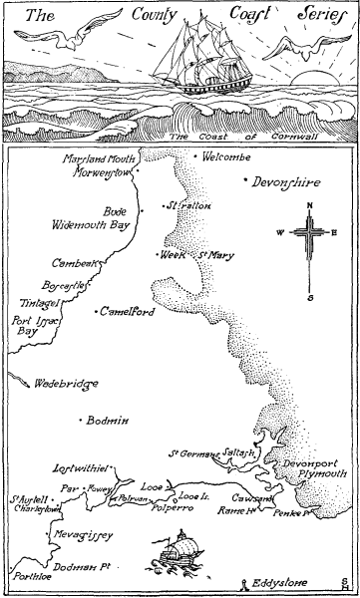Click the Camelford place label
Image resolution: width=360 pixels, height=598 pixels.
click(x=127, y=312)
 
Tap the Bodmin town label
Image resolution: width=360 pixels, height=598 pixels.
click(x=109, y=421)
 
